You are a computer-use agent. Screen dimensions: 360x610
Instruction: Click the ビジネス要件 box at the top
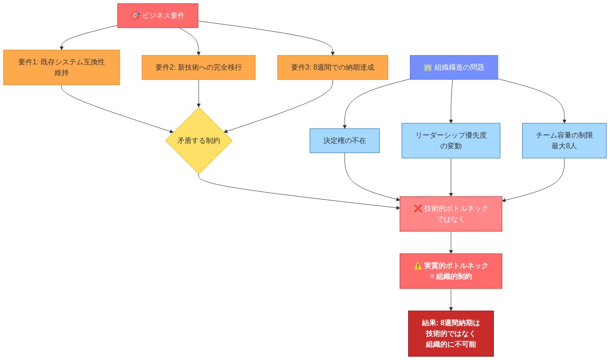(157, 16)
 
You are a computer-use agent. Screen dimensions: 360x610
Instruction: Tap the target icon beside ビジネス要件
(135, 16)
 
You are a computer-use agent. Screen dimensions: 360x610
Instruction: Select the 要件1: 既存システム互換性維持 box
(62, 67)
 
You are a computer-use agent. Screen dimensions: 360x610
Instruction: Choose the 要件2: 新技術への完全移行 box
(198, 67)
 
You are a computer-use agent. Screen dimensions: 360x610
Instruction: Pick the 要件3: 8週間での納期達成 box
(332, 67)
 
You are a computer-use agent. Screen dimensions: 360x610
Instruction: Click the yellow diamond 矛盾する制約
(198, 140)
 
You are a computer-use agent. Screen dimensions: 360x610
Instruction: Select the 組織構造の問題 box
(454, 67)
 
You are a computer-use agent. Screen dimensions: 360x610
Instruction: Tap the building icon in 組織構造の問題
(427, 67)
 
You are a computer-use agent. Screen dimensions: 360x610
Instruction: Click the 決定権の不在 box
(344, 141)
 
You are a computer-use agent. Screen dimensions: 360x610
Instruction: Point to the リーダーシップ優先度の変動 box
(451, 141)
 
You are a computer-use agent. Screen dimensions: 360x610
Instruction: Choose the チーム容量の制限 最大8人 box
(564, 141)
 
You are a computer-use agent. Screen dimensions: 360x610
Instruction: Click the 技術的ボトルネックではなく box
(451, 214)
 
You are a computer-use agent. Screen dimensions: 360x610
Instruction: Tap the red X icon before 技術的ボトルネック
(418, 209)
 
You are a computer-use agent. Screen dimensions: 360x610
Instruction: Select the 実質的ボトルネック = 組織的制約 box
(451, 271)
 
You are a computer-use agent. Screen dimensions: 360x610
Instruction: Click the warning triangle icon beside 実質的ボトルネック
(418, 266)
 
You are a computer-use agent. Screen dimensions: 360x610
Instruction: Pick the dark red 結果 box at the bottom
(451, 334)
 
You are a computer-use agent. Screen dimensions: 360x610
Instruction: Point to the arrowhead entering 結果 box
(451, 308)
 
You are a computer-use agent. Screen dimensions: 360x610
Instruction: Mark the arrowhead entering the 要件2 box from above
(198, 53)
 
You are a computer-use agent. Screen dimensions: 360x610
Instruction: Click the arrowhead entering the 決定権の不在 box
(344, 126)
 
